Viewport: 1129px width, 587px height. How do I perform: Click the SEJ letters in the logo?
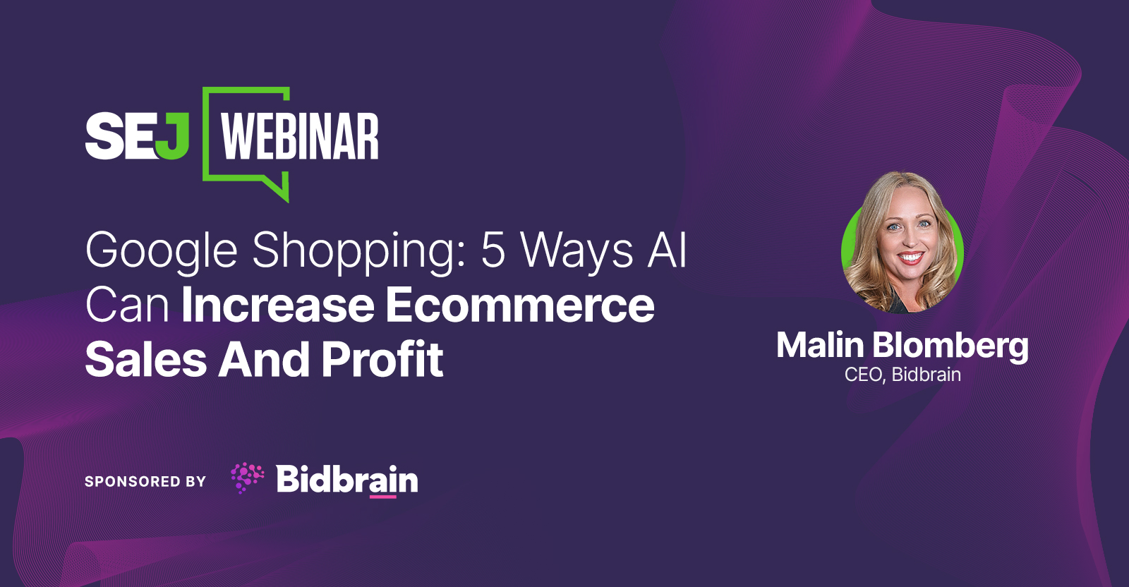[x=137, y=135]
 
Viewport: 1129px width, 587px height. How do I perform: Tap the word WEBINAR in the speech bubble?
[x=299, y=137]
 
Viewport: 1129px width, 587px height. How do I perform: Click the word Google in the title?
[x=162, y=251]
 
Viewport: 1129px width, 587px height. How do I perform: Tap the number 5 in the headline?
[x=493, y=250]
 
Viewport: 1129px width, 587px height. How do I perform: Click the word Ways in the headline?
[x=577, y=251]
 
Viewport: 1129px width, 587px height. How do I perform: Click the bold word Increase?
[x=278, y=305]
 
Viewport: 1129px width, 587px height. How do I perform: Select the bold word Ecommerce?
[x=520, y=305]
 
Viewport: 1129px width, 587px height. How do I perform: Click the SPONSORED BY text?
[x=145, y=482]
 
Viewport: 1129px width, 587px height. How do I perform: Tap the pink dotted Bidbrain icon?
[x=247, y=478]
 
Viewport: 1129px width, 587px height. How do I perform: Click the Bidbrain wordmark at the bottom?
[x=346, y=479]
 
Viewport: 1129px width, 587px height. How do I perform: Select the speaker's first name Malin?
[x=820, y=346]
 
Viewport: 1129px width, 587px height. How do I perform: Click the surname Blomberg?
[x=950, y=346]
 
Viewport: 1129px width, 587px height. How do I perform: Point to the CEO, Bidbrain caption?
[x=902, y=375]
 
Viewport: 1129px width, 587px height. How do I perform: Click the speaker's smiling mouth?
[x=910, y=258]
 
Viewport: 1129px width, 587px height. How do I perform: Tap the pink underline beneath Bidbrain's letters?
[x=382, y=497]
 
